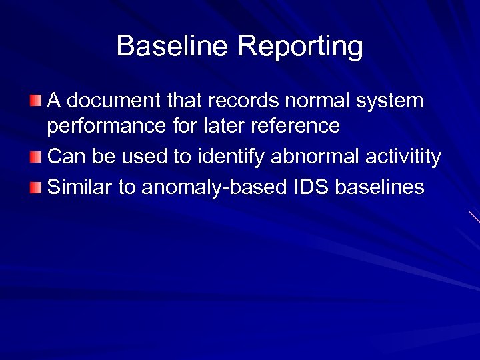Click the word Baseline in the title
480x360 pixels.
[173, 46]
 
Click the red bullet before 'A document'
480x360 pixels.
[35, 101]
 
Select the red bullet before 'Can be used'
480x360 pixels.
[35, 157]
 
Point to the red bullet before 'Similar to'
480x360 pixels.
[35, 187]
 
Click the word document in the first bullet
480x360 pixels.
[113, 101]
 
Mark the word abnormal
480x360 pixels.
[312, 157]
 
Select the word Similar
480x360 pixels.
[80, 187]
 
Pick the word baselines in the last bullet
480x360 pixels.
[380, 187]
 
